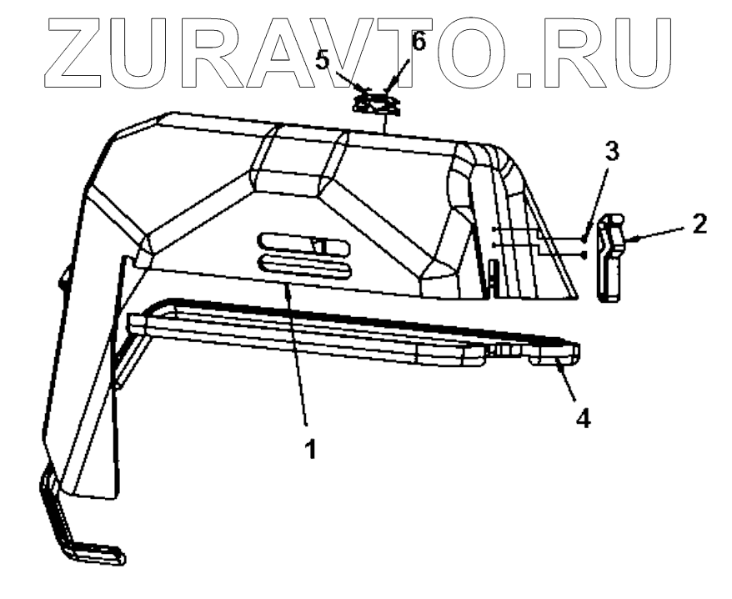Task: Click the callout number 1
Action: (x=310, y=449)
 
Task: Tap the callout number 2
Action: (x=699, y=223)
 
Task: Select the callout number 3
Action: (x=611, y=152)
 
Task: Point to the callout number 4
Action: (x=584, y=416)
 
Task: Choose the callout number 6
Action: (x=419, y=42)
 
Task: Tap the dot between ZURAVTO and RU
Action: (x=525, y=80)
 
